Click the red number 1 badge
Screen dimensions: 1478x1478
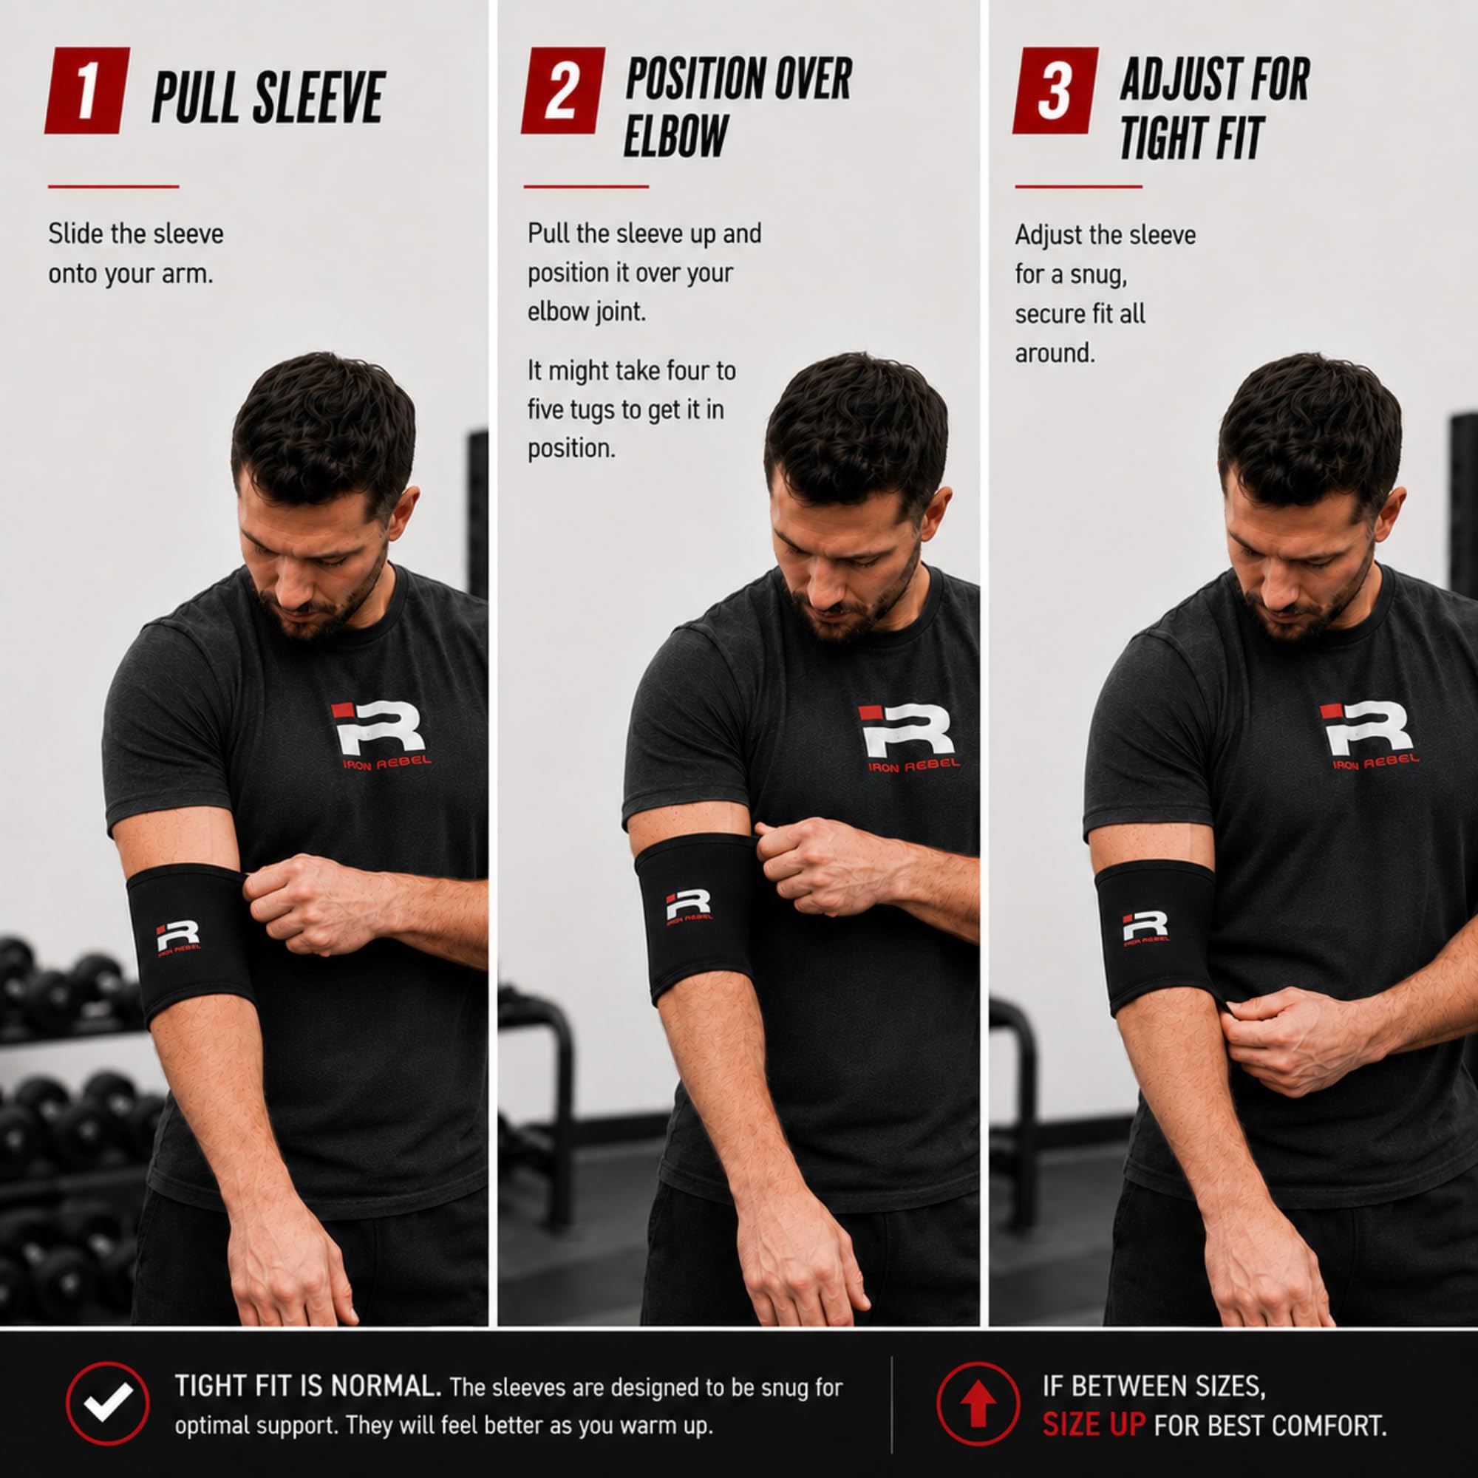87,90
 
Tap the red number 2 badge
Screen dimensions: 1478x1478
563,90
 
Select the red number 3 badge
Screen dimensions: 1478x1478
1055,90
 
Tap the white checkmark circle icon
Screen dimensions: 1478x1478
108,1403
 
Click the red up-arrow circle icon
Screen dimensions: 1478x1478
978,1403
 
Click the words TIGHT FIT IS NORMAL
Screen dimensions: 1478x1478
308,1386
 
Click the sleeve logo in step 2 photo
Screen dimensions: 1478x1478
688,907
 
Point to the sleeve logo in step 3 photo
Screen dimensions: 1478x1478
1145,928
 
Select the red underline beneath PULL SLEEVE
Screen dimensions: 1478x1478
113,186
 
